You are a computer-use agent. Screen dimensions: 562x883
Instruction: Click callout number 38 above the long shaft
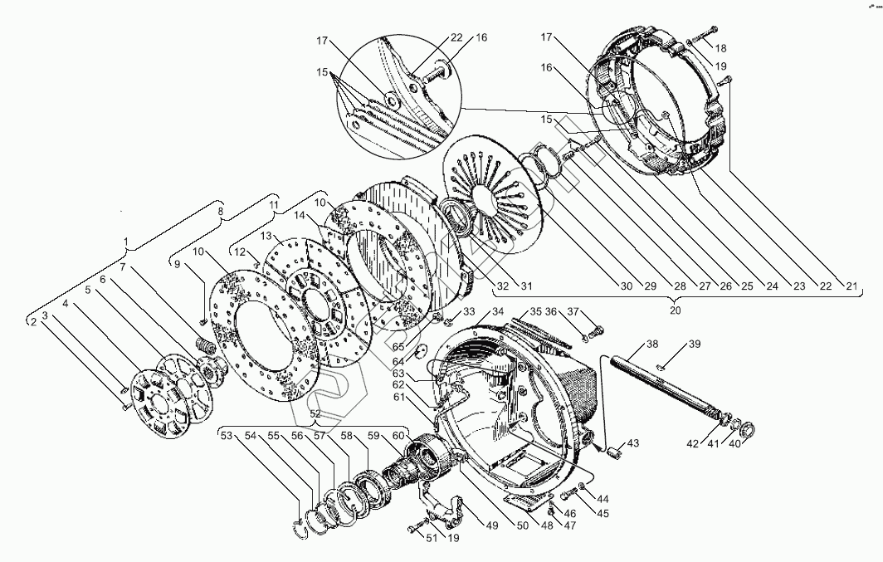(652, 345)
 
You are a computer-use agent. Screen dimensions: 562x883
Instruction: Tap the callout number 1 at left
(126, 242)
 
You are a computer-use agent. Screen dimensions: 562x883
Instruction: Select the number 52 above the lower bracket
(315, 413)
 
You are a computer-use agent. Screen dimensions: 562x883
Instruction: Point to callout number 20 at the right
(675, 310)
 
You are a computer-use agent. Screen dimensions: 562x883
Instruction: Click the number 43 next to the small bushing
(633, 444)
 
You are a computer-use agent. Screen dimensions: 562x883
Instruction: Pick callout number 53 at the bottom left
(227, 436)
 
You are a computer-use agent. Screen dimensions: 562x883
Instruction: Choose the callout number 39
(695, 345)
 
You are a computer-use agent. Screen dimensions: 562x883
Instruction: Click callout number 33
(469, 312)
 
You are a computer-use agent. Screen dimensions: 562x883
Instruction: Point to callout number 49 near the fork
(492, 524)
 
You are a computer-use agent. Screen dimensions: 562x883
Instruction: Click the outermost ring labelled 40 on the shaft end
(747, 430)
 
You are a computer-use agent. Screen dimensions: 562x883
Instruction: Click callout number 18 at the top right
(720, 47)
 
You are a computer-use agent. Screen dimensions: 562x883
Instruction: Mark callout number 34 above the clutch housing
(498, 312)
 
